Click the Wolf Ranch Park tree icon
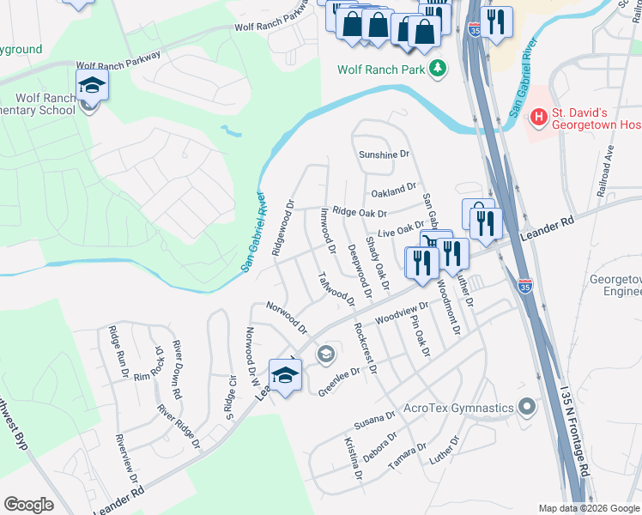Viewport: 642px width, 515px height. [x=439, y=67]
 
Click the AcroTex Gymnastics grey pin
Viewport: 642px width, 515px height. [x=527, y=407]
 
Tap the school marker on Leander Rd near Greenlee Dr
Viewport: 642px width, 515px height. [x=285, y=374]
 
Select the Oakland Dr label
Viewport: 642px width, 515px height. [x=394, y=187]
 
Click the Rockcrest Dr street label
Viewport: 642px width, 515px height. [x=365, y=348]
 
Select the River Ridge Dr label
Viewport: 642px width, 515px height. [x=178, y=426]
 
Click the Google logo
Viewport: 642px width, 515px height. [x=28, y=505]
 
